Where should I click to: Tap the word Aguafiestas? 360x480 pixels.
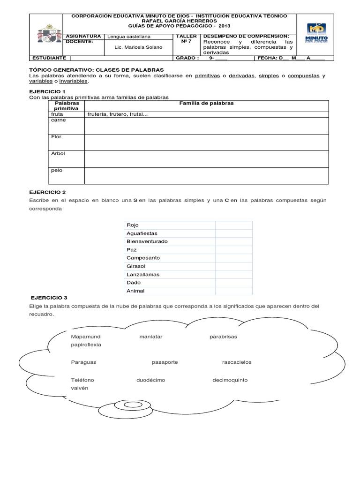[x=142, y=233]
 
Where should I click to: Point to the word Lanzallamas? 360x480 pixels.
[x=142, y=274]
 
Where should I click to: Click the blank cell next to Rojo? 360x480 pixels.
[x=233, y=225]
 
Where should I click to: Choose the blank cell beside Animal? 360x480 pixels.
[x=233, y=291]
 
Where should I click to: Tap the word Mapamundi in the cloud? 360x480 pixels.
[x=86, y=337]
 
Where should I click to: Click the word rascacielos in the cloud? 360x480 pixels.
[x=237, y=362]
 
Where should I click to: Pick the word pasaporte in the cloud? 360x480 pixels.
[x=165, y=362]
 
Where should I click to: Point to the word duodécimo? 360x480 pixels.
[x=150, y=380]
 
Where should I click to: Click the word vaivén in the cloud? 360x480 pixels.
[x=80, y=388]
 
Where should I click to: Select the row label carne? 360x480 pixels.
[x=59, y=120]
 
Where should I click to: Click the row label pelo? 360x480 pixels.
[x=56, y=170]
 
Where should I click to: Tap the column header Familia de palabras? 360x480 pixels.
[x=206, y=103]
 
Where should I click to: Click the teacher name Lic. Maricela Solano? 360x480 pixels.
[x=138, y=47]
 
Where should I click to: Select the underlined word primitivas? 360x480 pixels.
[x=208, y=75]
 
